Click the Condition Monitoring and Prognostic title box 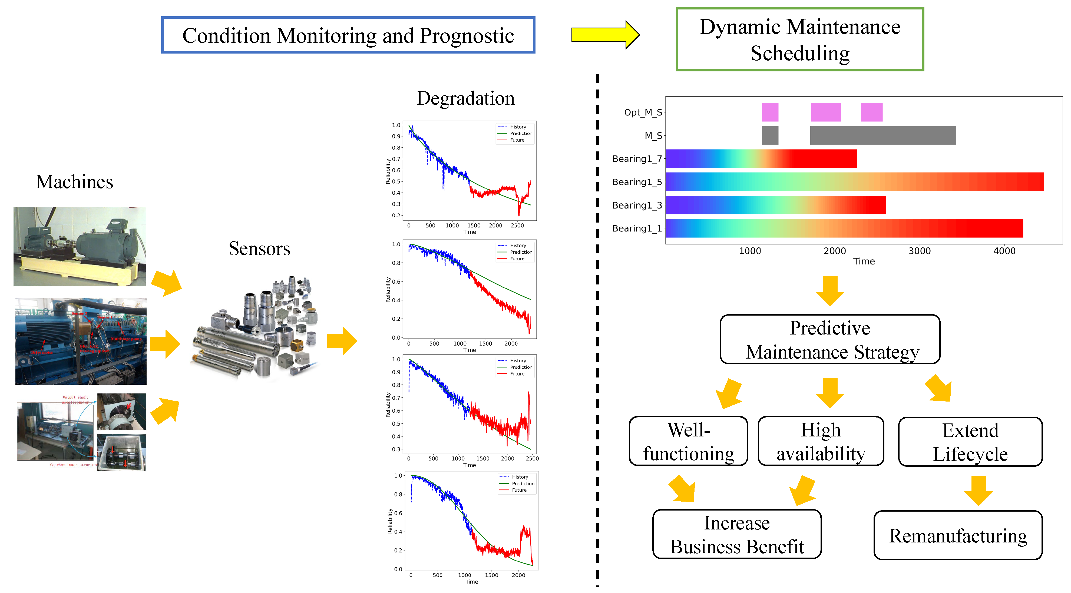point(348,35)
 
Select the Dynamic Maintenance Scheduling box point(799,39)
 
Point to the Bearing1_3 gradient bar point(775,205)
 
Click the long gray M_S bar point(883,135)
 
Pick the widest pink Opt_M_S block point(826,112)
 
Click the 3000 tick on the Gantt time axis point(919,251)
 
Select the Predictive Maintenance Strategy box point(830,340)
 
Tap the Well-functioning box point(689,441)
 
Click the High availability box point(821,441)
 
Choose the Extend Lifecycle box point(970,442)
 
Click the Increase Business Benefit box point(737,534)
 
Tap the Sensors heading point(259,249)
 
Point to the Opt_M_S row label point(642,112)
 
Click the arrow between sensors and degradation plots point(342,341)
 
